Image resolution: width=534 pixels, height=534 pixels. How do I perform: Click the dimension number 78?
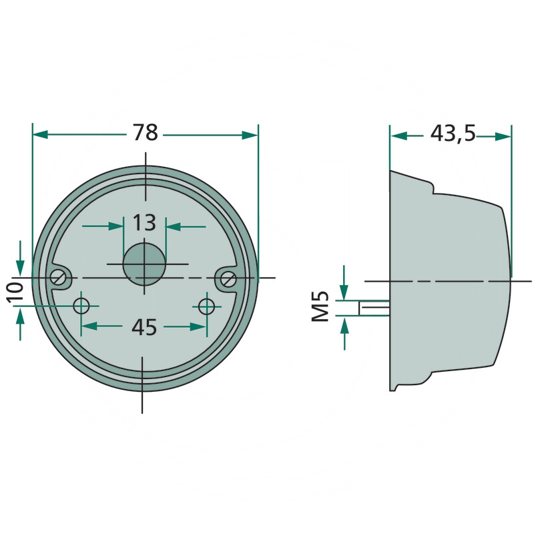pyautogui.click(x=146, y=132)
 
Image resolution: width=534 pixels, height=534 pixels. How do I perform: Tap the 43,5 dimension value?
pyautogui.click(x=453, y=133)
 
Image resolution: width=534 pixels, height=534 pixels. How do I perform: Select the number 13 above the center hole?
pyautogui.click(x=144, y=222)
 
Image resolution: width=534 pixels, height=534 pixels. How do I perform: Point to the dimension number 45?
pyautogui.click(x=144, y=327)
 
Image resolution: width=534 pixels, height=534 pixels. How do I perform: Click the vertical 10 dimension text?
pyautogui.click(x=15, y=292)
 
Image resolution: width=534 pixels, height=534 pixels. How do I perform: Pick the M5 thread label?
pyautogui.click(x=320, y=306)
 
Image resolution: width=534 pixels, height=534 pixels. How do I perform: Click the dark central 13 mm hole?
pyautogui.click(x=144, y=264)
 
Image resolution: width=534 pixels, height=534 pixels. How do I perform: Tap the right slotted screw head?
pyautogui.click(x=228, y=279)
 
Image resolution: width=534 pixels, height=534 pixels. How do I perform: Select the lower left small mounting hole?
pyautogui.click(x=81, y=306)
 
